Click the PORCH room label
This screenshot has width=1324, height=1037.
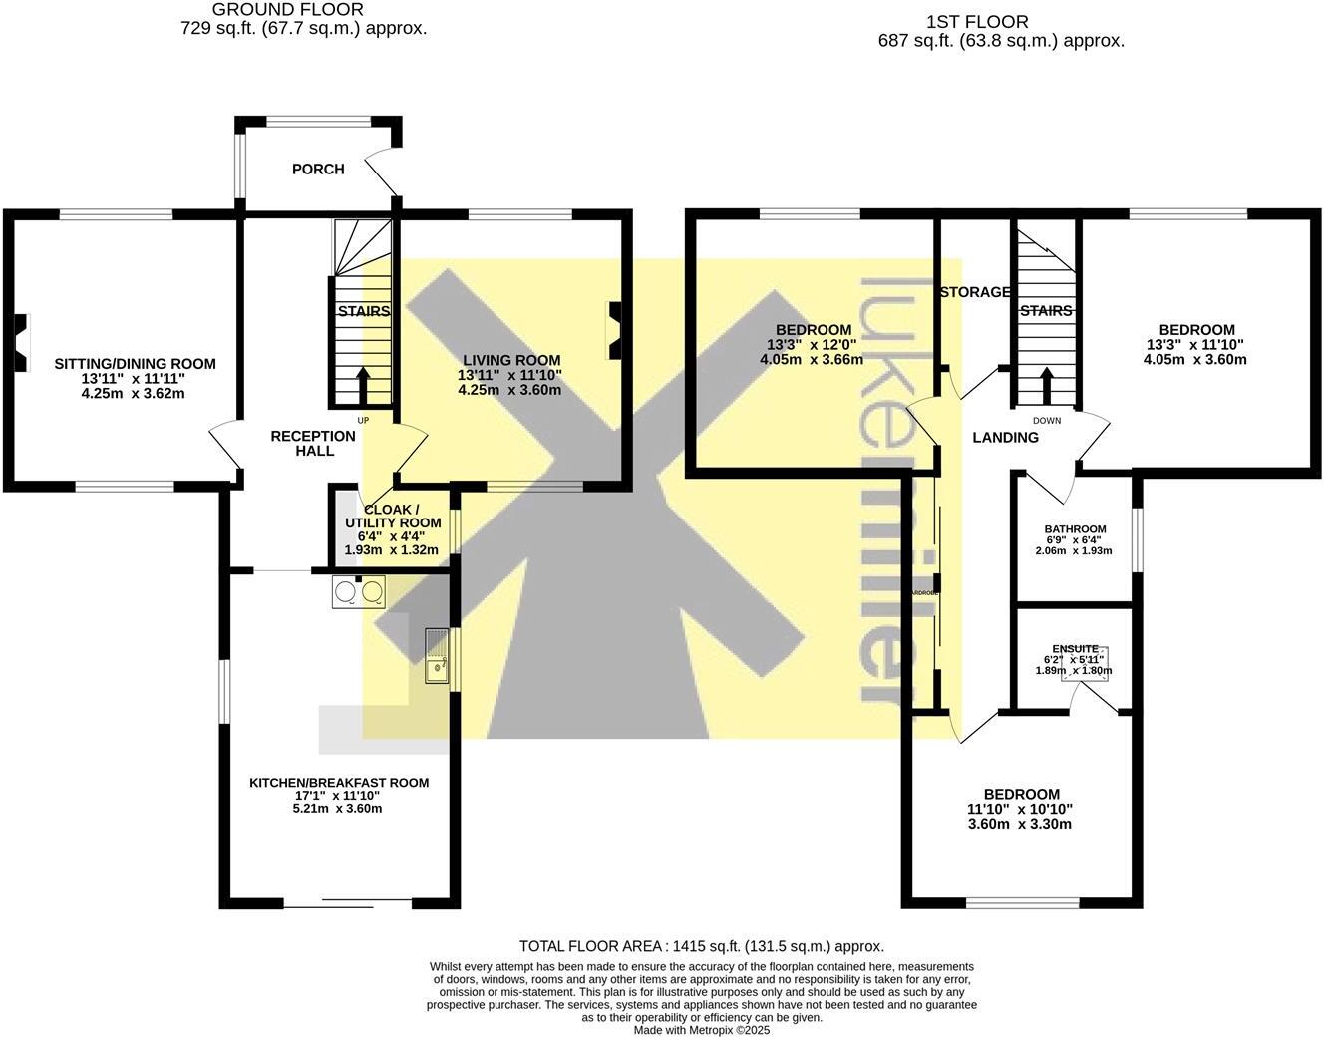point(318,170)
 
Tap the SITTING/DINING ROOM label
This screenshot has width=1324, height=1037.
point(135,364)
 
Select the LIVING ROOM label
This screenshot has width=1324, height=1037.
point(510,360)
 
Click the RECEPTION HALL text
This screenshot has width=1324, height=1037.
point(313,444)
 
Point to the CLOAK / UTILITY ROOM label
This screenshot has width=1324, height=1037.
point(393,516)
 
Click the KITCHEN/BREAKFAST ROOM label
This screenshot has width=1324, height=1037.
point(339,783)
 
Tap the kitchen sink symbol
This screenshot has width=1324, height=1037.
point(437,656)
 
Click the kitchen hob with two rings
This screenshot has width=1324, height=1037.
point(359,592)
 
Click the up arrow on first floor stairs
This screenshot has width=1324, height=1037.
point(1046,384)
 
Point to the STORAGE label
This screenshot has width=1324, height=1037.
point(975,292)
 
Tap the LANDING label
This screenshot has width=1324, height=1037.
point(1005,437)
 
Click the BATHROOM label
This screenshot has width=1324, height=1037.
point(1075,529)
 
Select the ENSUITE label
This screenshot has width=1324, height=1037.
point(1075,648)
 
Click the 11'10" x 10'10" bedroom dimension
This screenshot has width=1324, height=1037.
point(1019,810)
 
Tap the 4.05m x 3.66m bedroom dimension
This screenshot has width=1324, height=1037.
point(812,360)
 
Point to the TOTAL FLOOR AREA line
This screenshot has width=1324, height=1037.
point(701,946)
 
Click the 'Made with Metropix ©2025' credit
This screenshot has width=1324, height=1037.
point(702,1030)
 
